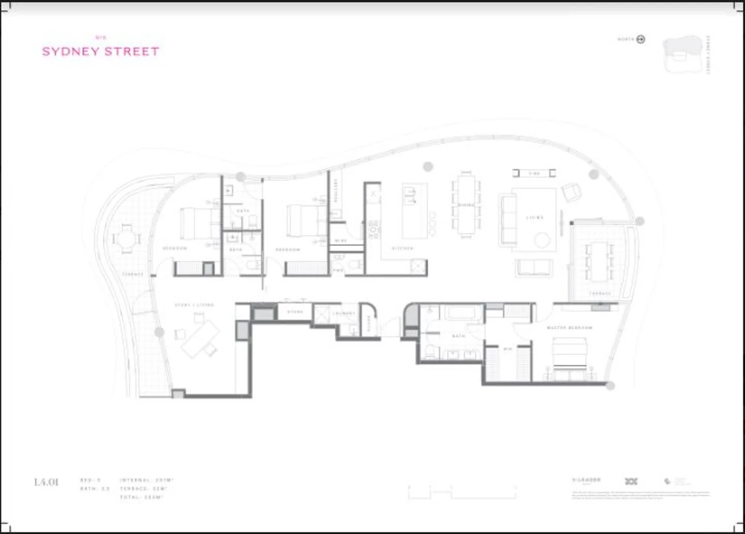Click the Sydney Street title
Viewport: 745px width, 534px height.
point(101,51)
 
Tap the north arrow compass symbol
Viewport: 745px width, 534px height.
point(641,40)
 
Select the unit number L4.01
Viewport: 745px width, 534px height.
point(46,482)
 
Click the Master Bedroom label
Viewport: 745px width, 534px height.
point(569,328)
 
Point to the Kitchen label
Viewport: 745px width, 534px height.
point(403,248)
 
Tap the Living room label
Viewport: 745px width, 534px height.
point(535,218)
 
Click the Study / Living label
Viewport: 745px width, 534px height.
point(194,305)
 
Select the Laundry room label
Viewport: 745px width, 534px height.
point(344,313)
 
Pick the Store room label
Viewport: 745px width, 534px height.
point(295,312)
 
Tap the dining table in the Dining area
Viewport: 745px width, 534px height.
point(466,204)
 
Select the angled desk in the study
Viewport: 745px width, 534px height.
point(201,338)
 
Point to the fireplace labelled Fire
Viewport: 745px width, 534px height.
point(534,173)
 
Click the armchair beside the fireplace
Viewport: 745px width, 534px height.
point(572,192)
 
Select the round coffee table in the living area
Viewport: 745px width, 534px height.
point(542,241)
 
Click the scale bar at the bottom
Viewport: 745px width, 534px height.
point(462,492)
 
